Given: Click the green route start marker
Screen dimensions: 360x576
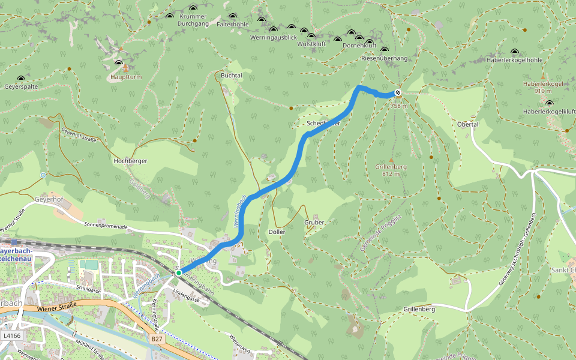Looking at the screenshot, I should tap(179, 273).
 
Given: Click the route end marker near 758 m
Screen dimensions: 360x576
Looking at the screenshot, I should tap(397, 92).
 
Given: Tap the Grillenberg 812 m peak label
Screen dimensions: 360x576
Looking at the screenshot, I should tap(391, 170).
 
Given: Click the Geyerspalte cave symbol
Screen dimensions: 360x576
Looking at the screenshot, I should tap(22, 79).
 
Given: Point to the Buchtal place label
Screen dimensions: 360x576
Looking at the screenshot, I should tap(232, 76).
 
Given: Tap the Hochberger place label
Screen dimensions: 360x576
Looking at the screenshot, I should tap(130, 161).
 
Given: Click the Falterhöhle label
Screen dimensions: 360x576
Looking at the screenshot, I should tap(232, 25).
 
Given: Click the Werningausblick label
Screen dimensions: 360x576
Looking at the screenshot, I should tap(274, 37).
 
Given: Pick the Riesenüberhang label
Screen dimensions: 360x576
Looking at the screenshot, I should tap(385, 58).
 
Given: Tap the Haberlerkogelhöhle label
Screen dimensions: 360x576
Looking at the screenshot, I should tap(515, 60).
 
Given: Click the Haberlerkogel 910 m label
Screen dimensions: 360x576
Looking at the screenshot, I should tap(544, 87).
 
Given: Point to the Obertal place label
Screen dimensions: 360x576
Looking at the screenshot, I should tap(467, 124).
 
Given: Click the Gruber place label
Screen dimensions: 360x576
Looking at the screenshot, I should tap(314, 222).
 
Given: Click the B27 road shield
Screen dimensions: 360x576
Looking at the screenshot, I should tap(157, 339).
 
